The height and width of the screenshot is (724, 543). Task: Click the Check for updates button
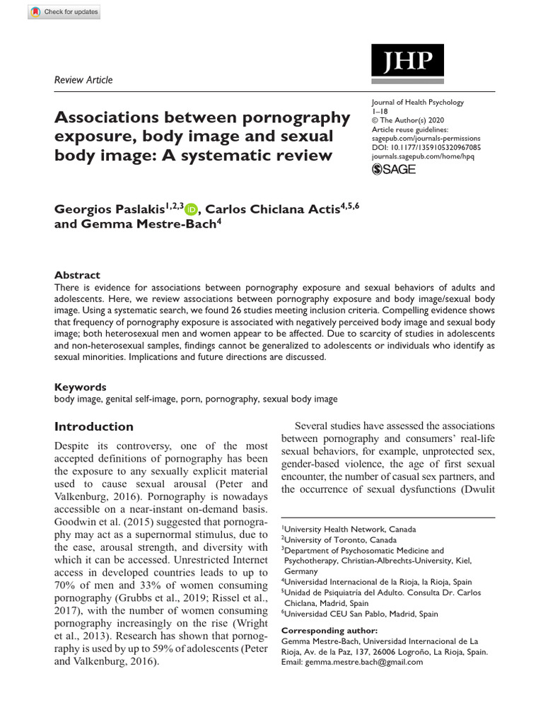64,13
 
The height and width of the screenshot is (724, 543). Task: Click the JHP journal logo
407,61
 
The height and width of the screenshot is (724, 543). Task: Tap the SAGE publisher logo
394,169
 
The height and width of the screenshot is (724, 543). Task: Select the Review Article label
83,80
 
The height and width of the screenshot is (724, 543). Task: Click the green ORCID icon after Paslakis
192,209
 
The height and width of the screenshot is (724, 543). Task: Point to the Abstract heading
77,275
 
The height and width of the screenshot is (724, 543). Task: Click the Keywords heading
80,387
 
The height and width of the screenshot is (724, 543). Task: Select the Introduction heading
94,426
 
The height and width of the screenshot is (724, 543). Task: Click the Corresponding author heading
329,629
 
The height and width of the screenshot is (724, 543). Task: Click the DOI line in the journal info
426,148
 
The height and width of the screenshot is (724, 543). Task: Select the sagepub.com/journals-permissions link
426,139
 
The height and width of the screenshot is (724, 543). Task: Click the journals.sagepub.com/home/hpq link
426,158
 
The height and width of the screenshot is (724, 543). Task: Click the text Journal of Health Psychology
417,103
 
